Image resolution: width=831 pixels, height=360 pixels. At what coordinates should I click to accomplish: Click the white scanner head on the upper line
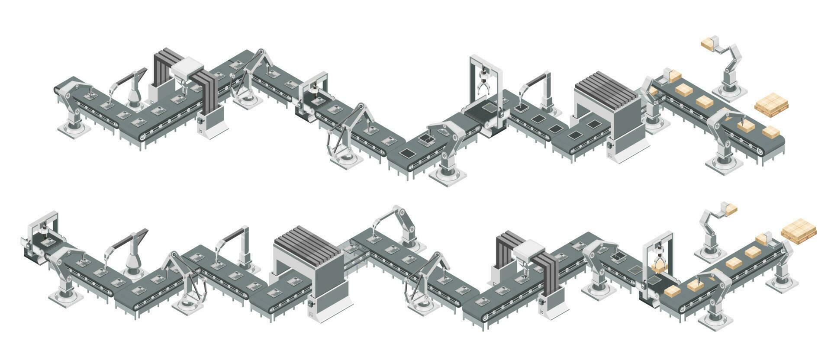click(x=187, y=70)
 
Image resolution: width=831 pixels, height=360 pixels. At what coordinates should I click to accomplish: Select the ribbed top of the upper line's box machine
click(x=607, y=87)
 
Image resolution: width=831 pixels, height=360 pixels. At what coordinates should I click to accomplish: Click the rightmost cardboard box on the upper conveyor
click(x=771, y=132)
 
